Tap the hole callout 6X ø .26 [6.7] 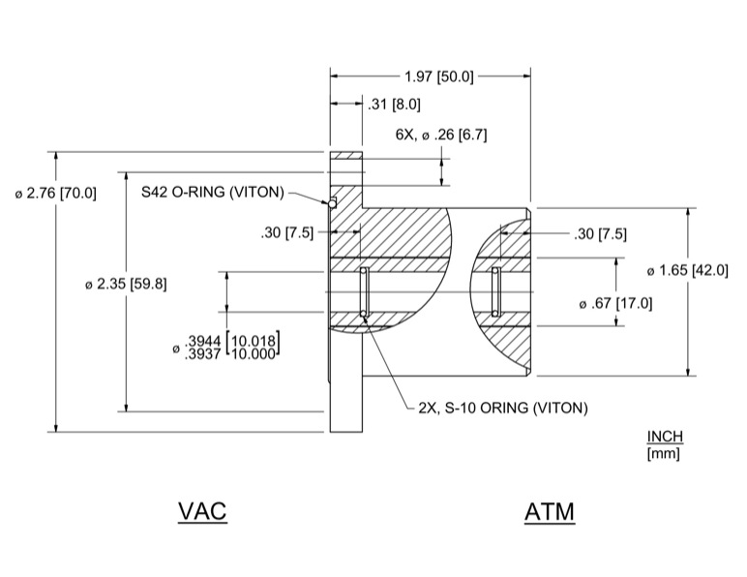tap(440, 135)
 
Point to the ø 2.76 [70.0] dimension tap(56, 193)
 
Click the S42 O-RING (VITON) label tap(213, 192)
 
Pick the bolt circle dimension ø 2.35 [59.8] tap(127, 284)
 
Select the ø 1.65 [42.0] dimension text tap(687, 270)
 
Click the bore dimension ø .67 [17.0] tap(615, 303)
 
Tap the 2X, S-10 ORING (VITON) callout tap(502, 408)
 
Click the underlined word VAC tap(202, 510)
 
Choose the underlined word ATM tap(550, 510)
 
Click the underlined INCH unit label tap(665, 437)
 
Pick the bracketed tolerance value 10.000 tap(254, 353)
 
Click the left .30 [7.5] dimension tap(287, 232)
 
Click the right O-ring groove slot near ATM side tap(495, 291)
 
